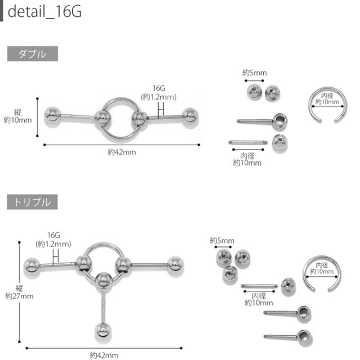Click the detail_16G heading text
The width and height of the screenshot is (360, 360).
click(x=44, y=11)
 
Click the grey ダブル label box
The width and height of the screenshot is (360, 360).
click(x=33, y=54)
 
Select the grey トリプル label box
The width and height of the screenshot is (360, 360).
click(x=33, y=202)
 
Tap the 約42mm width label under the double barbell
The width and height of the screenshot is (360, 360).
click(x=122, y=152)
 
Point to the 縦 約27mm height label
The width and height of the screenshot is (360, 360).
click(x=19, y=292)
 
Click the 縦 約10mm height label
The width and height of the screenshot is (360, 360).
click(x=17, y=116)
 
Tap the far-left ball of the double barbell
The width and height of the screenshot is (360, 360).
click(x=52, y=116)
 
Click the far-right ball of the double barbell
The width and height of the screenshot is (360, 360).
click(x=190, y=117)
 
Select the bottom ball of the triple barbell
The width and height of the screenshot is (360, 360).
click(x=103, y=332)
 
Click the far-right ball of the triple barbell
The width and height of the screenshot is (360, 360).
click(x=175, y=265)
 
